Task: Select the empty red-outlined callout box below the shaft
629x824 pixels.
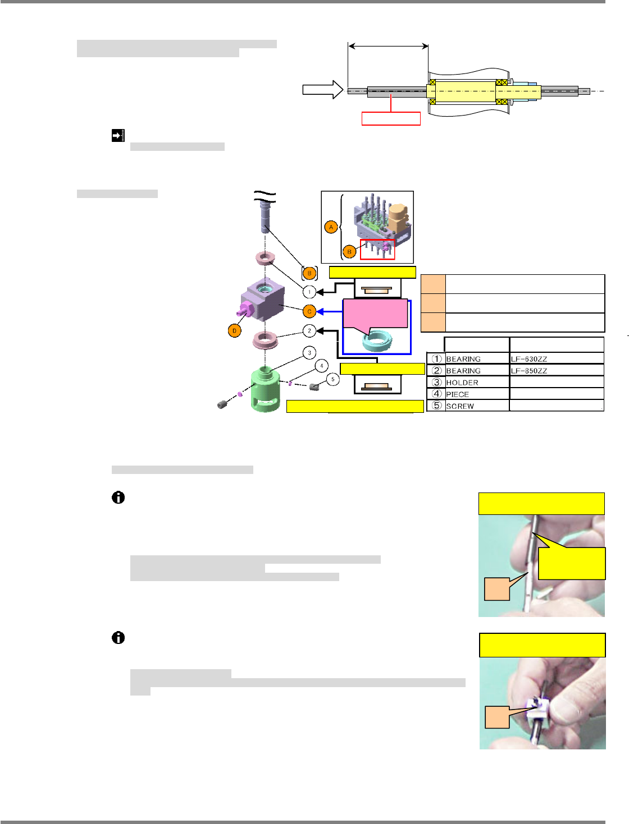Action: click(x=391, y=118)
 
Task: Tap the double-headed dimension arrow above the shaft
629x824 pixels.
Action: click(x=388, y=47)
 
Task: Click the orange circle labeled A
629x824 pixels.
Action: click(x=331, y=227)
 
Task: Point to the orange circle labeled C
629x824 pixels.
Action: click(x=309, y=311)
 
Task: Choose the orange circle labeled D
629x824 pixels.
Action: click(x=235, y=331)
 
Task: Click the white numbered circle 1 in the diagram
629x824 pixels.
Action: click(x=309, y=292)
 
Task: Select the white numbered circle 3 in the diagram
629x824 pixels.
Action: click(x=309, y=353)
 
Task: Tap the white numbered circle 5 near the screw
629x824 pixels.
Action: click(x=332, y=380)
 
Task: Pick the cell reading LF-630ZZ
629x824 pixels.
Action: click(x=529, y=359)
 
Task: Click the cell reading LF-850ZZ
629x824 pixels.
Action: click(x=529, y=371)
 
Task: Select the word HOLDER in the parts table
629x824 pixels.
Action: click(x=462, y=383)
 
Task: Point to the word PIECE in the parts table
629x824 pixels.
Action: click(x=457, y=394)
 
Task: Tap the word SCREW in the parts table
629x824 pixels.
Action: click(x=460, y=406)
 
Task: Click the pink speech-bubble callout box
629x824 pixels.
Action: click(x=375, y=314)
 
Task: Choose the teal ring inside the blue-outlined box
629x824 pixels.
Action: click(x=377, y=339)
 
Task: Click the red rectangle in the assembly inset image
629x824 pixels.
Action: click(x=377, y=250)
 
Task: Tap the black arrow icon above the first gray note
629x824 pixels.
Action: click(x=118, y=135)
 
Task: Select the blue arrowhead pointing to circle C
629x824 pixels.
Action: click(x=321, y=311)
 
